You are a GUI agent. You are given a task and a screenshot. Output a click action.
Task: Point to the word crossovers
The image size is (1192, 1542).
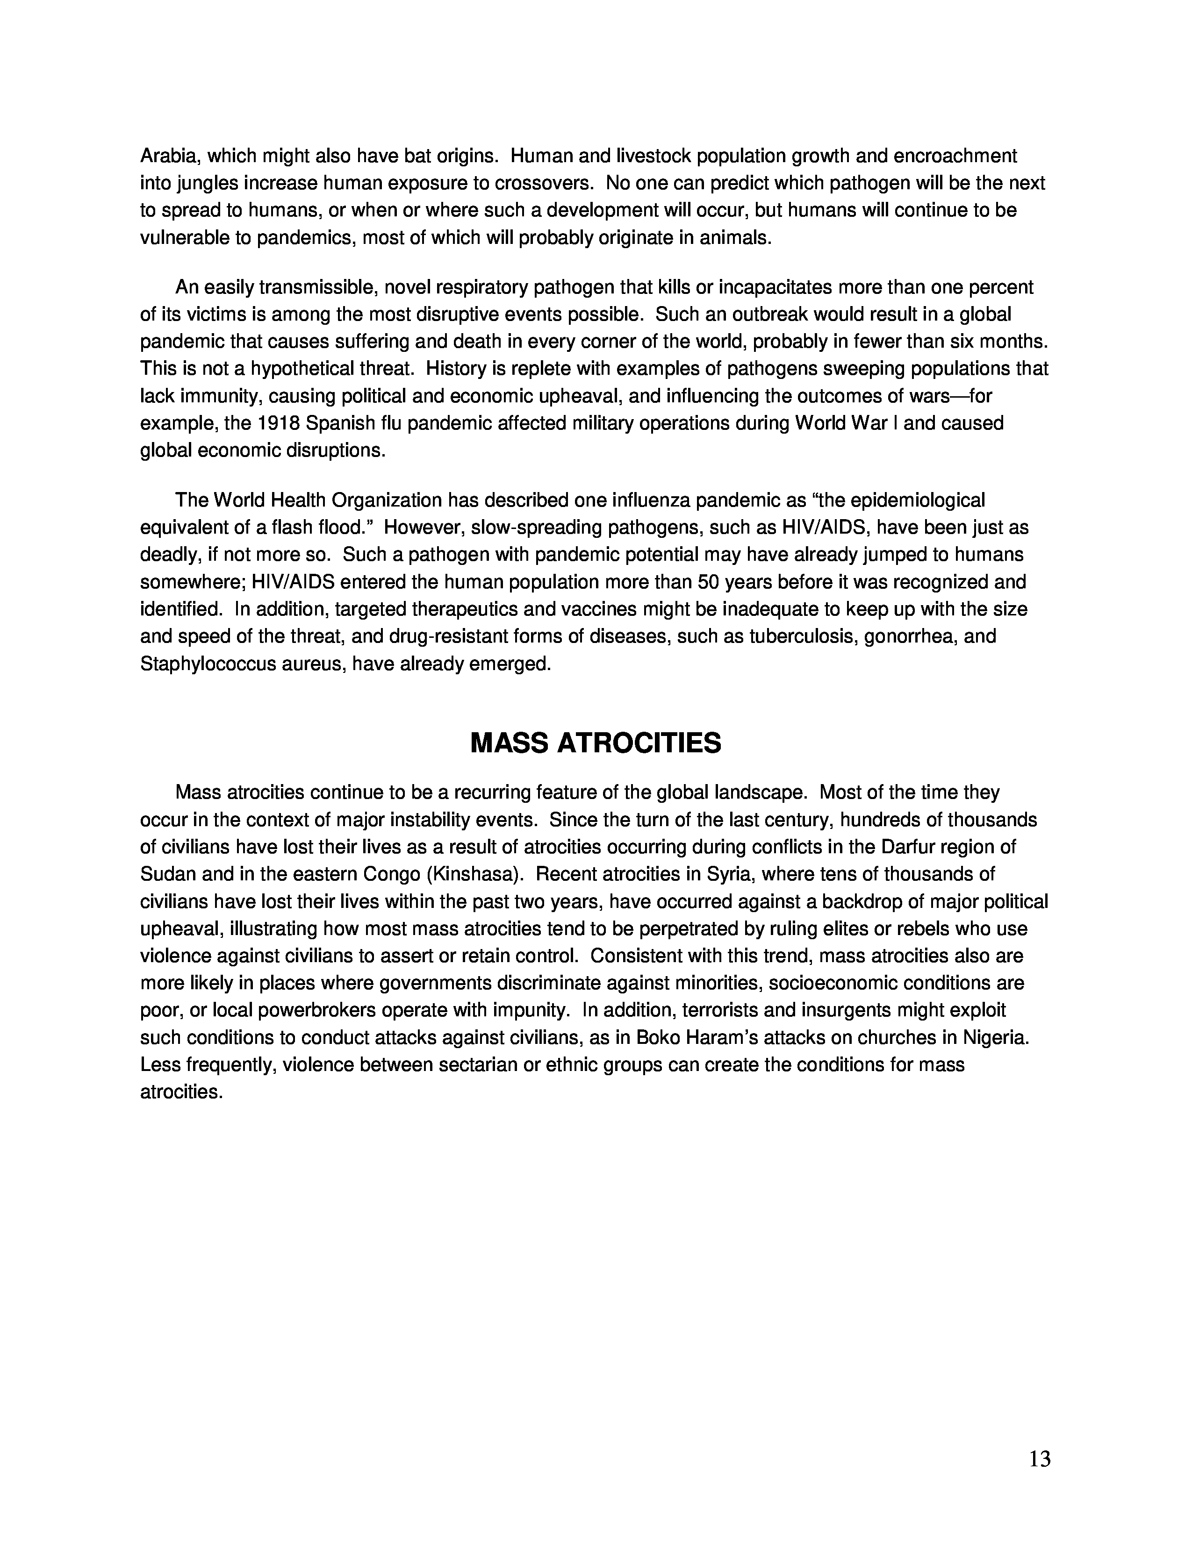(543, 184)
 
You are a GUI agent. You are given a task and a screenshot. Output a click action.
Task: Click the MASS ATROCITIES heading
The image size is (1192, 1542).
(595, 743)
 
